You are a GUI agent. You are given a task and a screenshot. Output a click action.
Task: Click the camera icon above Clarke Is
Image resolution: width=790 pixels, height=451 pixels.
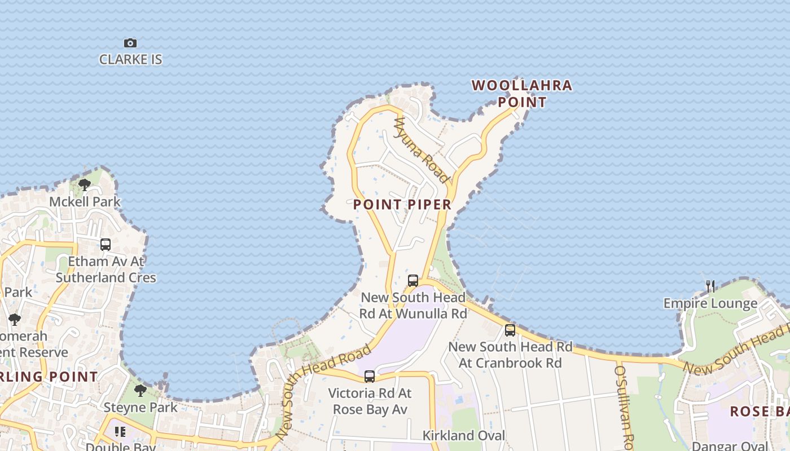pos(130,43)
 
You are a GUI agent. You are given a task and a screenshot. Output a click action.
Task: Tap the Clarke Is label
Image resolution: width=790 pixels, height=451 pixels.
pos(130,59)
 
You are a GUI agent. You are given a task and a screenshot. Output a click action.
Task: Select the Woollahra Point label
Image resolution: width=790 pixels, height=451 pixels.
pos(522,94)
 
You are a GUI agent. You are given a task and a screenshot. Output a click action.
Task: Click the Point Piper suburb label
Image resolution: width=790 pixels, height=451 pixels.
pos(402,205)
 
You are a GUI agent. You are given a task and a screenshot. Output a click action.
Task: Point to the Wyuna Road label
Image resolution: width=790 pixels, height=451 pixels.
pos(423,151)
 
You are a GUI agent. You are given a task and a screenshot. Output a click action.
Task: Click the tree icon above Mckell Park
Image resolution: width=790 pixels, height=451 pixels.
pos(85,184)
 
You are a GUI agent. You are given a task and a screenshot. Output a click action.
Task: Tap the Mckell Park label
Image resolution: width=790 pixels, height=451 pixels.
pos(85,201)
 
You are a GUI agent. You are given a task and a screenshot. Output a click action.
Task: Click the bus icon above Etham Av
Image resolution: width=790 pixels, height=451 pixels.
pos(106,245)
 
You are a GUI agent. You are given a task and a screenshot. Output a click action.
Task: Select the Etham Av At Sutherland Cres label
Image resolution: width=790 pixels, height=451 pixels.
pos(106,269)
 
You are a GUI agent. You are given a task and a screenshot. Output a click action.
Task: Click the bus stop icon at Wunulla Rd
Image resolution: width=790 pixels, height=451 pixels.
pos(413,280)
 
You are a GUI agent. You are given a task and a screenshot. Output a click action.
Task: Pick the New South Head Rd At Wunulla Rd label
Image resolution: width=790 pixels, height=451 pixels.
pos(413,305)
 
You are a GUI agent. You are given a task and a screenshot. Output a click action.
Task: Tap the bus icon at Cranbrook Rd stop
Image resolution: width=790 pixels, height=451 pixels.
pos(510,330)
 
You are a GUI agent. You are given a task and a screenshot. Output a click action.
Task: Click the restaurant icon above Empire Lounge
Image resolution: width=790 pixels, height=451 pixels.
pos(710,286)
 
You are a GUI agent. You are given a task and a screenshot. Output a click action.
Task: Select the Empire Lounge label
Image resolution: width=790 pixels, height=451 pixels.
pos(710,303)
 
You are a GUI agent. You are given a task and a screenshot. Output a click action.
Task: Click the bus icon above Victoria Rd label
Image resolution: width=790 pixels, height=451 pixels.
pos(370,376)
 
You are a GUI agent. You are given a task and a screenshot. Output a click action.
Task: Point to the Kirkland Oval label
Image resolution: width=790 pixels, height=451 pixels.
pos(464,435)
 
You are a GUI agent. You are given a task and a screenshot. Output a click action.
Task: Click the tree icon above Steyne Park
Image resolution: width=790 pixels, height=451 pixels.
pos(141,390)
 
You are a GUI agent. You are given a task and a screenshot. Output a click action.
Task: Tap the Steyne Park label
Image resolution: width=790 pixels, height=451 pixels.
pos(141,407)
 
